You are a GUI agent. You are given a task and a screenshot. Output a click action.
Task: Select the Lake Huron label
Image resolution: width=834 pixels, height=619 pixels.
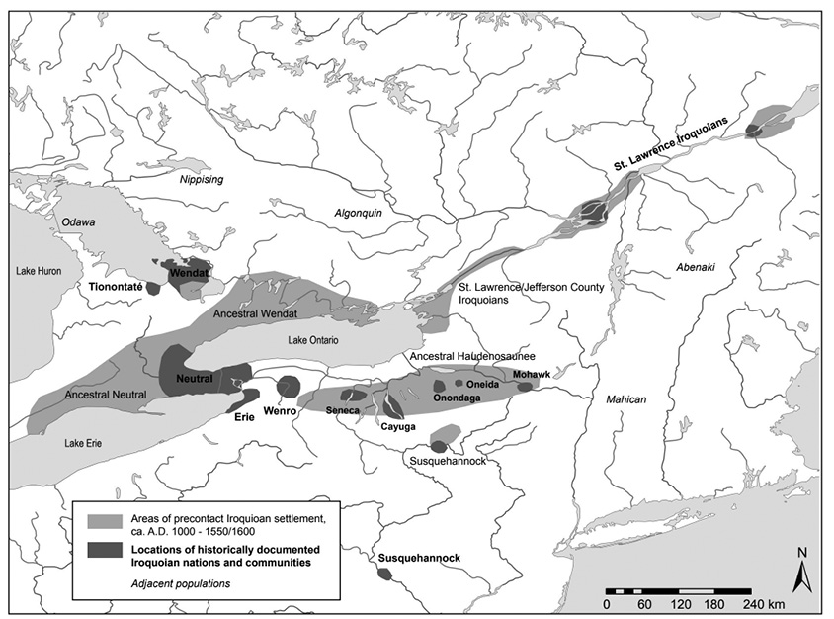click(x=39, y=269)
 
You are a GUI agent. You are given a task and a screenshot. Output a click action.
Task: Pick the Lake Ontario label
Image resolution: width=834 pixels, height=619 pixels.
click(x=312, y=340)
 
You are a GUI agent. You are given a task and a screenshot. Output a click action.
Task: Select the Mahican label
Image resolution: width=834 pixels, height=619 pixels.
click(x=626, y=399)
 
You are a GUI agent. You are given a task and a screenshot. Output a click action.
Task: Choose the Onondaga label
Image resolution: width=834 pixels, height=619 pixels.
click(x=457, y=398)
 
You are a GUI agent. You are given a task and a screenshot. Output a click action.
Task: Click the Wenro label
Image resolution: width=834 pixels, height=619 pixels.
click(x=280, y=410)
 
